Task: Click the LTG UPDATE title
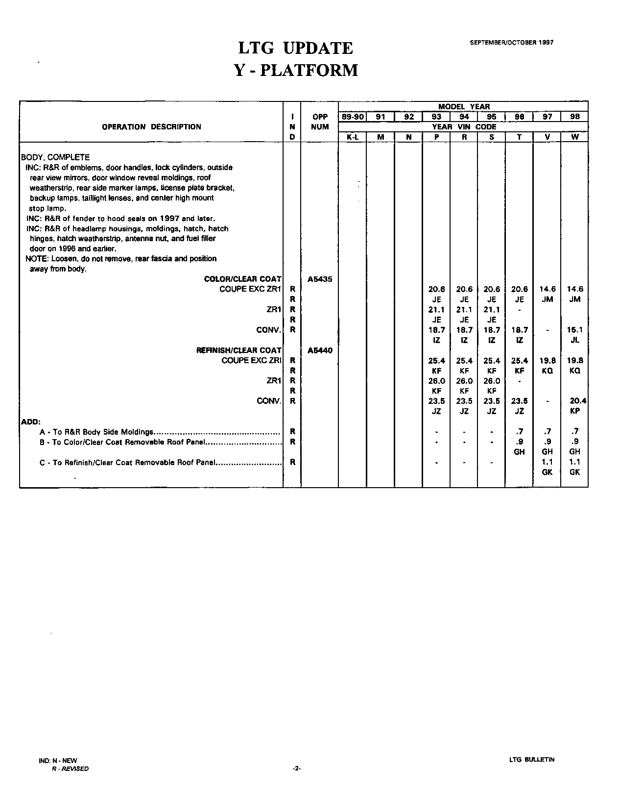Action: pyautogui.click(x=295, y=48)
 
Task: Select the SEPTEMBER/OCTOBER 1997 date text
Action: pyautogui.click(x=512, y=43)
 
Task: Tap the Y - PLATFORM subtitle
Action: pyautogui.click(x=296, y=70)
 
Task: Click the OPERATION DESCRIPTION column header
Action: pyautogui.click(x=151, y=127)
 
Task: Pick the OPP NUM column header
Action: pyautogui.click(x=320, y=122)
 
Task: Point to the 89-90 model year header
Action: pyautogui.click(x=352, y=117)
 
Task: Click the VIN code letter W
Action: pyautogui.click(x=575, y=137)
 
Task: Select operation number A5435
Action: pyautogui.click(x=320, y=279)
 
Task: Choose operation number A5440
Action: pyautogui.click(x=320, y=350)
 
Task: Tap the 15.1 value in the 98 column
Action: pyautogui.click(x=575, y=330)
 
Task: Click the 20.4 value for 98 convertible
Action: pyautogui.click(x=578, y=401)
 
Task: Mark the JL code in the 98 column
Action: pyautogui.click(x=575, y=340)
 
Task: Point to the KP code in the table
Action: pyautogui.click(x=575, y=411)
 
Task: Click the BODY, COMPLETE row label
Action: pyautogui.click(x=55, y=157)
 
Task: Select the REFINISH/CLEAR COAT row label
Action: pyautogui.click(x=239, y=350)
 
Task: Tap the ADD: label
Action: pyautogui.click(x=30, y=421)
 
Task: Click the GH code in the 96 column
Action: pyautogui.click(x=520, y=452)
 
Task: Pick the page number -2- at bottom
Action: pyautogui.click(x=296, y=768)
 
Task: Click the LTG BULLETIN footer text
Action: pyautogui.click(x=532, y=760)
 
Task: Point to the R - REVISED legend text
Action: pyautogui.click(x=71, y=768)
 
